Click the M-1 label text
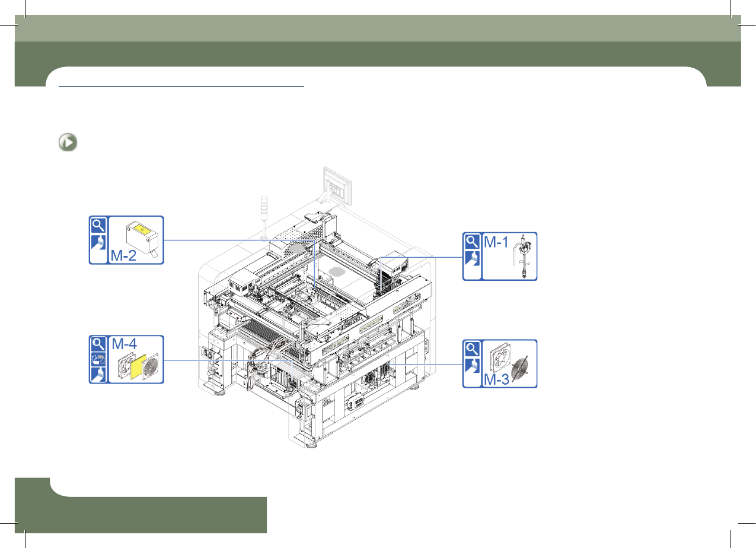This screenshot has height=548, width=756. [496, 242]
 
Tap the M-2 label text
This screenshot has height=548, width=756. [123, 255]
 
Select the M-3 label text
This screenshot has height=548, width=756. [496, 379]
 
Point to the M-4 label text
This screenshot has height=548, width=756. [124, 344]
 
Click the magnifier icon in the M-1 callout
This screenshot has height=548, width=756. [472, 242]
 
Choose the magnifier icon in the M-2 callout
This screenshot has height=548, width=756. [98, 226]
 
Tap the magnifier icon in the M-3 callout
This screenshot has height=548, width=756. [472, 349]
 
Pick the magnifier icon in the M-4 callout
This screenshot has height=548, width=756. [98, 344]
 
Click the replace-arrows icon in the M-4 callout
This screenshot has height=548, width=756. [98, 359]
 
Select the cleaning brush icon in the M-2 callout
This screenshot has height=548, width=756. [98, 242]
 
